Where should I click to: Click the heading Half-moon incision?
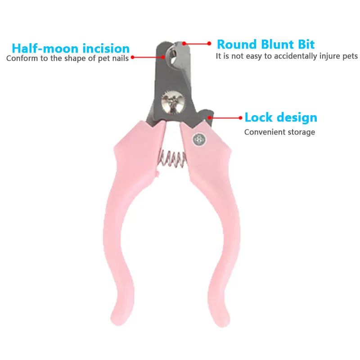[x=71, y=48]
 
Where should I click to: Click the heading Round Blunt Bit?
[x=265, y=44]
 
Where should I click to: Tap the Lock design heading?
[x=281, y=118]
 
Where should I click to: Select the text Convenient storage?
[x=279, y=132]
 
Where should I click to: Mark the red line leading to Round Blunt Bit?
[x=197, y=44]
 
